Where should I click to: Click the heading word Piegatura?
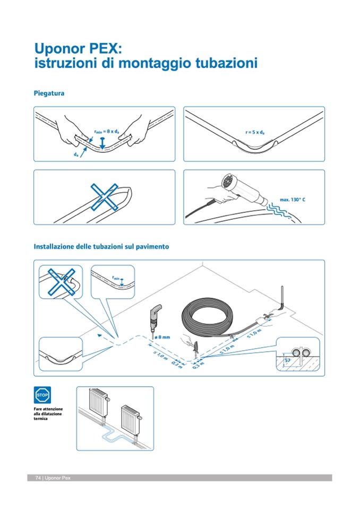point(49,93)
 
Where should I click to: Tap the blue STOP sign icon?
point(42,395)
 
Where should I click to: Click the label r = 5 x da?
point(255,133)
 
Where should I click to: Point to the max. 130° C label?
point(293,200)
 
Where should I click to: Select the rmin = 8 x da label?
point(107,132)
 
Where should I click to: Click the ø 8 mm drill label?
point(162,337)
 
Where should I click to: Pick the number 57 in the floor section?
point(287,360)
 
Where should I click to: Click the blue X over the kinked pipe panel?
point(104,196)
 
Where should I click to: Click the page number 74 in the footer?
point(38,478)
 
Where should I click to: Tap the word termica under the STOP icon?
point(40,419)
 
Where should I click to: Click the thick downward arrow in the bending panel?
point(102,143)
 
